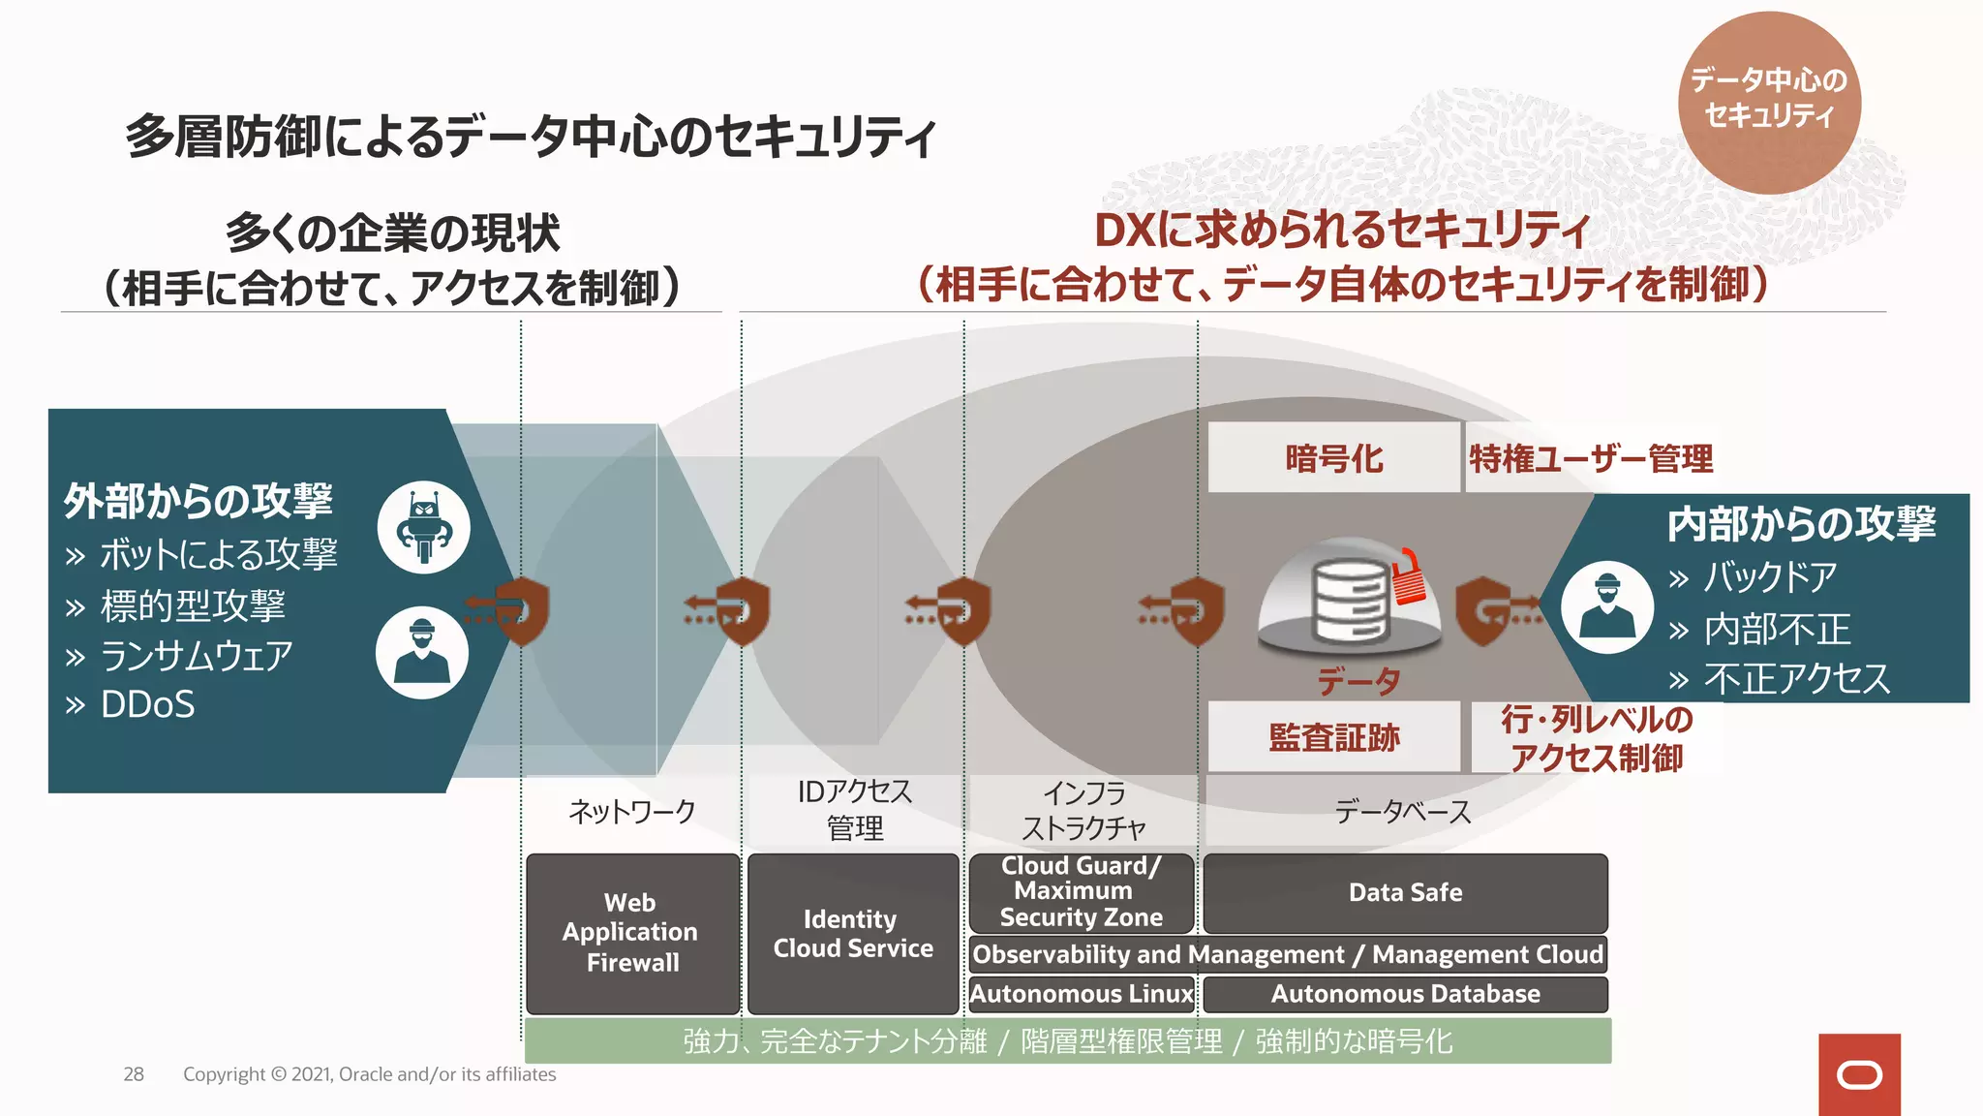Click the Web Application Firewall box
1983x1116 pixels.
click(632, 933)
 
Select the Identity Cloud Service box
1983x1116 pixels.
click(853, 933)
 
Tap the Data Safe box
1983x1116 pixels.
click(1405, 892)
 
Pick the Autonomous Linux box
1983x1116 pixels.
click(1082, 994)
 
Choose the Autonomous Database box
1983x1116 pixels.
click(1405, 994)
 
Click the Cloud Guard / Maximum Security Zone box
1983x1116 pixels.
click(1081, 891)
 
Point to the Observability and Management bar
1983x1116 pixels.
click(1288, 954)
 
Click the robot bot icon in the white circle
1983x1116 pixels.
click(424, 528)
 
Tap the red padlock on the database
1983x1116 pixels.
click(1410, 578)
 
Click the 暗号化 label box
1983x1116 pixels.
click(1333, 458)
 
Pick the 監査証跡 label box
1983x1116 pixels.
click(1333, 738)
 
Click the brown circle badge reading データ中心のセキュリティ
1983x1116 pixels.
click(1769, 102)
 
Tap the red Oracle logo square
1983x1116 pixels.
click(1859, 1074)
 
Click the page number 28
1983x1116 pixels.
click(134, 1074)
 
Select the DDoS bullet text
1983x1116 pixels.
click(147, 705)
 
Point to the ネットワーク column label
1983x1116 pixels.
click(631, 811)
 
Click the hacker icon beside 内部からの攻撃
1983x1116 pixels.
click(1607, 607)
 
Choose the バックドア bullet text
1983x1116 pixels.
click(1769, 577)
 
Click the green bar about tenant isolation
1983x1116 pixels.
click(1067, 1041)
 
